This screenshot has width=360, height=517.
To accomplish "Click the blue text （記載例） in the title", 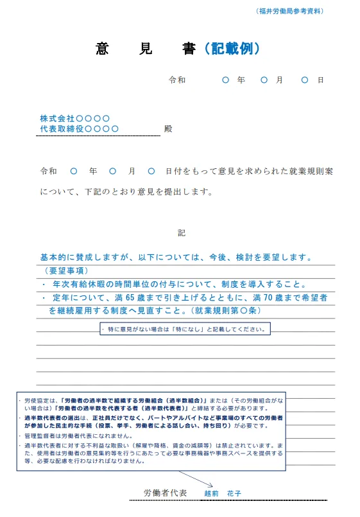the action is click(230, 49).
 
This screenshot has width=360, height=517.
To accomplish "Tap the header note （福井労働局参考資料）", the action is click(289, 12).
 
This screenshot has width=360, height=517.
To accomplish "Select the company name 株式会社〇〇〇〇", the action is click(74, 119).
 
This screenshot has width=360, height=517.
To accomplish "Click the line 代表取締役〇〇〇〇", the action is click(79, 129).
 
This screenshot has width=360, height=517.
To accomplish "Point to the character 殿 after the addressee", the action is click(168, 129).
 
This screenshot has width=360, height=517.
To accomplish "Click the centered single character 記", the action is click(181, 232).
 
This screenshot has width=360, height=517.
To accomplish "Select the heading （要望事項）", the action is click(66, 271).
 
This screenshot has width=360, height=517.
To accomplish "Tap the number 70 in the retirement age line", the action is click(267, 298).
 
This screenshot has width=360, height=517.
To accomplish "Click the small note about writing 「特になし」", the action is click(185, 329).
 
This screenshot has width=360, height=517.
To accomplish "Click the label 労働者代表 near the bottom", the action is click(166, 493).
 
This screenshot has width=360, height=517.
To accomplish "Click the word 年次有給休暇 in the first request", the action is click(80, 285).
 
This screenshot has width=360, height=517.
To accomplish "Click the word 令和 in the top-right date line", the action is click(177, 80).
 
